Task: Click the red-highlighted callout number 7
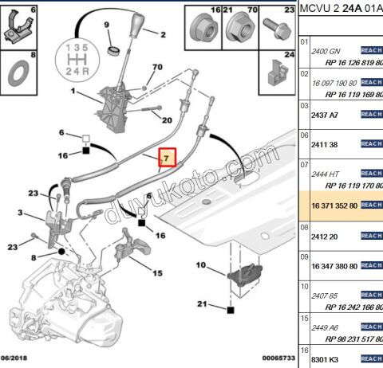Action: pos(167,159)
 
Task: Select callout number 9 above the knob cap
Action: pos(106,26)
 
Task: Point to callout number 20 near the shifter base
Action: pos(167,120)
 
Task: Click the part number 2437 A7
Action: pos(326,115)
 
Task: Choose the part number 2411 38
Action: pos(326,144)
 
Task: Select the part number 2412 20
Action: pos(326,237)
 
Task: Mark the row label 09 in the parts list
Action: pos(303,257)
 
